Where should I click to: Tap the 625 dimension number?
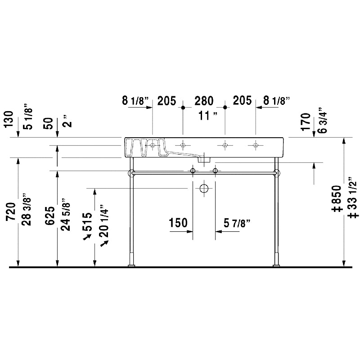[x=50, y=216]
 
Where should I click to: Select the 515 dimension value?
[x=87, y=222]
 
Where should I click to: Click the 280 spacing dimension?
[x=204, y=101]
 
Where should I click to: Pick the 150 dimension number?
[x=178, y=223]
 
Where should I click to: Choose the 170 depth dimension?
[x=306, y=121]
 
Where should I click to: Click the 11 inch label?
[x=208, y=116]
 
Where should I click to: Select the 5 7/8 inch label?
[x=237, y=223]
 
